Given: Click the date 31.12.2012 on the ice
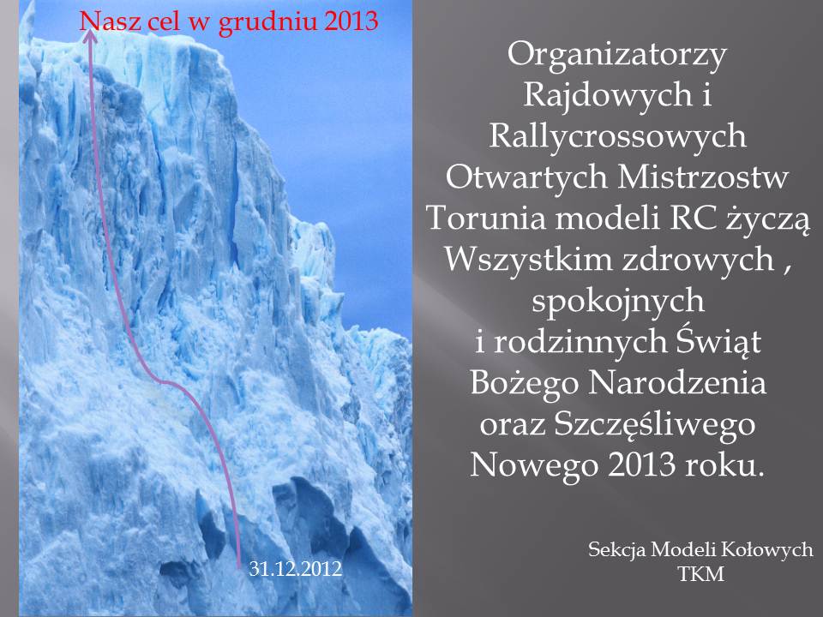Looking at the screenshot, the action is click(x=296, y=569).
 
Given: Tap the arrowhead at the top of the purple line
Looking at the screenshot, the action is click(x=90, y=35).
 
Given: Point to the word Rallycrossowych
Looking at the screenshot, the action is click(x=617, y=137).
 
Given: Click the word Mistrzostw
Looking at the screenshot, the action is click(x=702, y=177).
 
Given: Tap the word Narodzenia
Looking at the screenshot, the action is click(x=677, y=383).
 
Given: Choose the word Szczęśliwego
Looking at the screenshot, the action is click(x=654, y=425).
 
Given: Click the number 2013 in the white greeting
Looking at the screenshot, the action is click(x=642, y=464).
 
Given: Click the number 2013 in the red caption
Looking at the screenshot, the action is click(x=351, y=22).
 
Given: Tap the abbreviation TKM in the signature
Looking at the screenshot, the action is click(x=701, y=573).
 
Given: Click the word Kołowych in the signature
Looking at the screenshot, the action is click(x=766, y=550).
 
